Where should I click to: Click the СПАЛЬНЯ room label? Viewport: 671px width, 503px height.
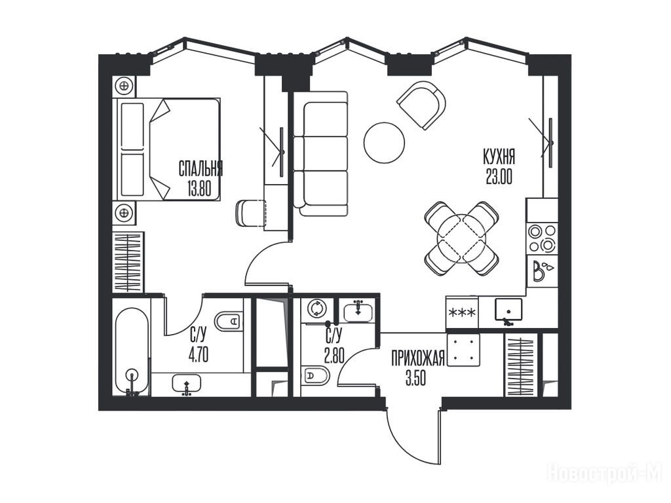coord(201,169)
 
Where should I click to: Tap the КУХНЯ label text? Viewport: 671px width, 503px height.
coord(499,157)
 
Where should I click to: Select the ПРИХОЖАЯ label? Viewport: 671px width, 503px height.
coord(419,358)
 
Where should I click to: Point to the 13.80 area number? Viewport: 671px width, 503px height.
coord(199,188)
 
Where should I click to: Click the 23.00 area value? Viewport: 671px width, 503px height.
coord(499,176)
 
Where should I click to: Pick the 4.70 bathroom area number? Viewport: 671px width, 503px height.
coord(199,355)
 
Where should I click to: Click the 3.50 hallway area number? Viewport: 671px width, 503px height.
coord(416,378)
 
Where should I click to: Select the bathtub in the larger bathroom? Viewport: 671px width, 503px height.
coord(132,351)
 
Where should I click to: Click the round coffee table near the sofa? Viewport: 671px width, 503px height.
coord(384,142)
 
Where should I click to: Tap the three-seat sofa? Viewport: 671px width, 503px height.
coord(321,153)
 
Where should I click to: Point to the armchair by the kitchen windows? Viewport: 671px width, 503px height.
coord(421,105)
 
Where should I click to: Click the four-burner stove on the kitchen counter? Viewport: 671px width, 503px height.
coord(542,238)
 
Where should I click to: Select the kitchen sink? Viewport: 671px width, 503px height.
coord(508,310)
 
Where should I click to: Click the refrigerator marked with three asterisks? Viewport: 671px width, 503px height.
coord(462,313)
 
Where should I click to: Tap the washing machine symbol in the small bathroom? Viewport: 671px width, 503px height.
coord(316,308)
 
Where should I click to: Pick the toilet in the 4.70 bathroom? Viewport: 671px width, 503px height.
coord(229,320)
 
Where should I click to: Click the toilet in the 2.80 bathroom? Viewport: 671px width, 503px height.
coord(315,376)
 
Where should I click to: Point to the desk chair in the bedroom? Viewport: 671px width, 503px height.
coord(251,213)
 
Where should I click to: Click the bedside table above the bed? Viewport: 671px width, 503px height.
coord(124,86)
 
